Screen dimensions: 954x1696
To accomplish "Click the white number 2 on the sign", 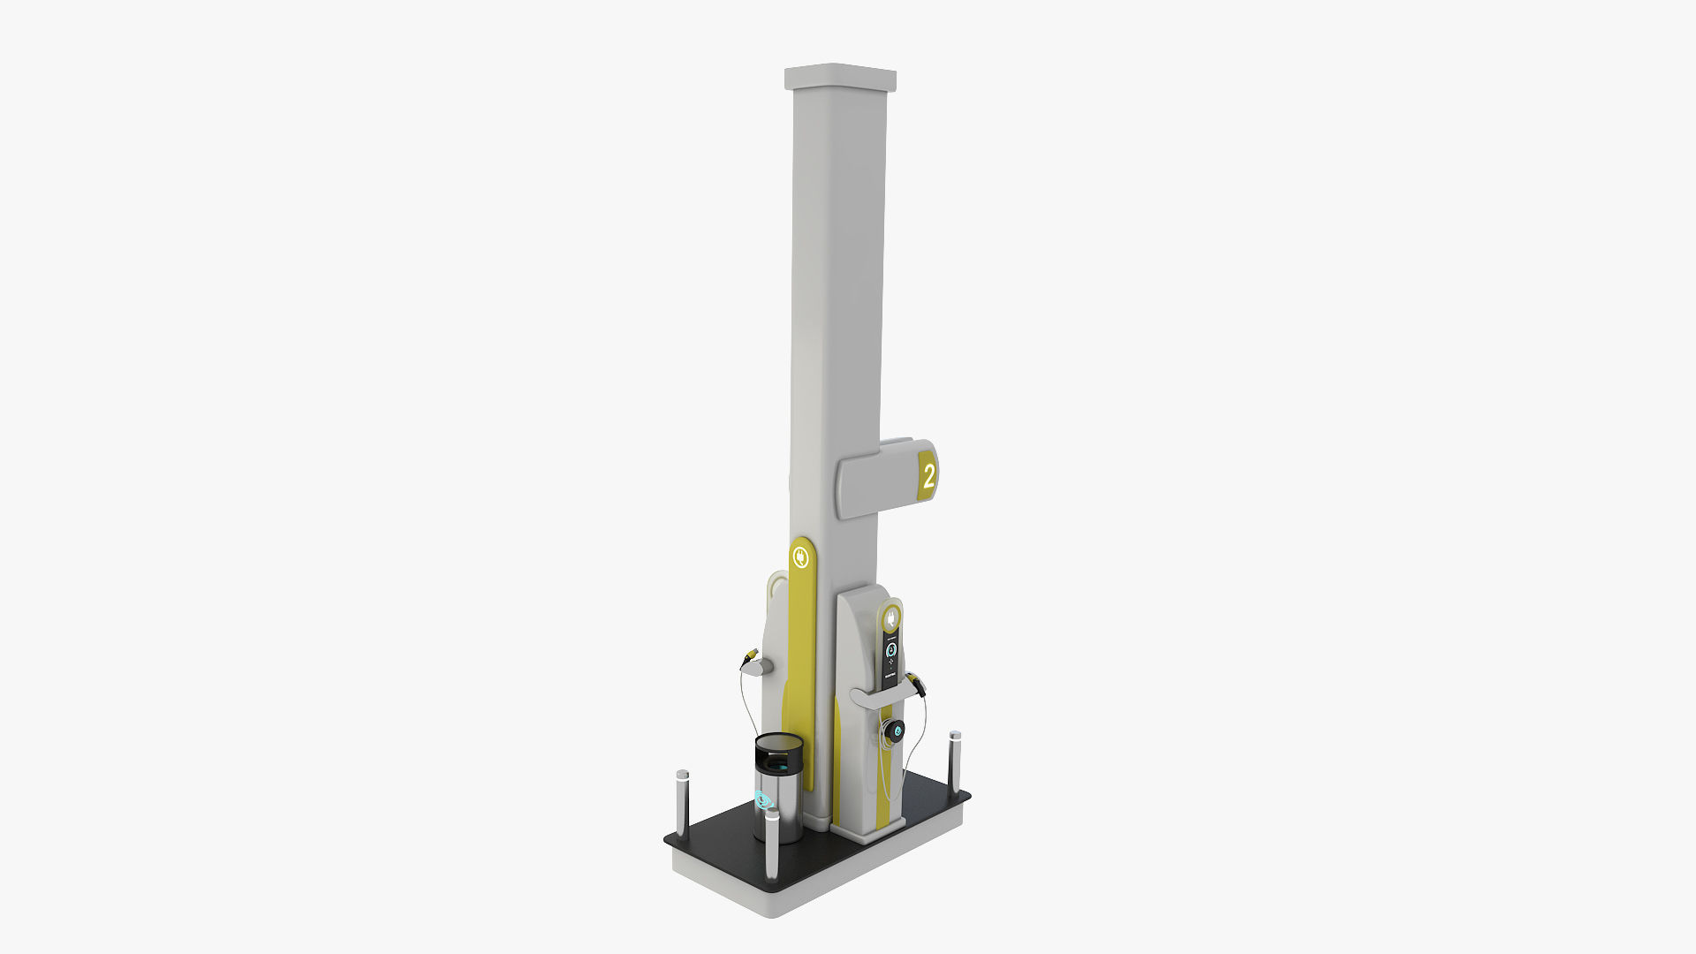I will pyautogui.click(x=928, y=477).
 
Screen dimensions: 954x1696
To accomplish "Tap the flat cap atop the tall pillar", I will pyautogui.click(x=840, y=78).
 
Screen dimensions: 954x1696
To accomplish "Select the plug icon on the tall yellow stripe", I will pyautogui.click(x=801, y=557).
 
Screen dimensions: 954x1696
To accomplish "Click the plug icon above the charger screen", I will pyautogui.click(x=892, y=616).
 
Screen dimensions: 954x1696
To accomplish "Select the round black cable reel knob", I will pyautogui.click(x=896, y=730).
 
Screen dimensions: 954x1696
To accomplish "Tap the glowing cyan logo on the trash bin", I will pyautogui.click(x=764, y=801).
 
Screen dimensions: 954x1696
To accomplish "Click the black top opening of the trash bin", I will pyautogui.click(x=779, y=752).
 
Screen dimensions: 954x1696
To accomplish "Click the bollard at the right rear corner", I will pyautogui.click(x=955, y=758).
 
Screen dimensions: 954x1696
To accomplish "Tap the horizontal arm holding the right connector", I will pyautogui.click(x=879, y=697).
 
